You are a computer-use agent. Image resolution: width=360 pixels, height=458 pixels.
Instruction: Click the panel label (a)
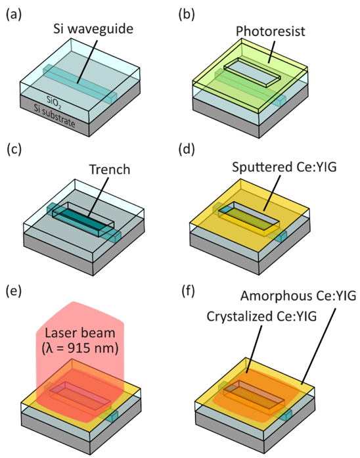click(13, 14)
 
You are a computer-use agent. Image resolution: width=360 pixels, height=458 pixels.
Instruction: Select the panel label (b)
click(187, 14)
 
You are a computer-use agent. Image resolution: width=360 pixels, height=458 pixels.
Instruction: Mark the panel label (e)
click(13, 291)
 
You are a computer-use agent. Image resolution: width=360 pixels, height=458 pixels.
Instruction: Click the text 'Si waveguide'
click(93, 29)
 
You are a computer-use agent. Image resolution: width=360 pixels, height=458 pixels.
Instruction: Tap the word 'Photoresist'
click(271, 32)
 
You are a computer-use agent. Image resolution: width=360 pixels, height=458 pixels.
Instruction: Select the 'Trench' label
click(110, 170)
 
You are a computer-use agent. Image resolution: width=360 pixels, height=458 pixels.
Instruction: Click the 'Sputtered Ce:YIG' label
click(284, 167)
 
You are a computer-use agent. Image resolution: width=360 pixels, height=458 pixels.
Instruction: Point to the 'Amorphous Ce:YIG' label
click(298, 296)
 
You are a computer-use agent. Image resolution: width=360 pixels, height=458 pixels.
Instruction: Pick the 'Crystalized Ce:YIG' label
click(261, 316)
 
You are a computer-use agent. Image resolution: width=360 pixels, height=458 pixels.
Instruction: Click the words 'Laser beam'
click(80, 333)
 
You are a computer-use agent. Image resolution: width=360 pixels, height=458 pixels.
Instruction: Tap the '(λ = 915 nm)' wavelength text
click(80, 348)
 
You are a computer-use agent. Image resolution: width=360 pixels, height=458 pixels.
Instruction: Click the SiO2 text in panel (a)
click(55, 103)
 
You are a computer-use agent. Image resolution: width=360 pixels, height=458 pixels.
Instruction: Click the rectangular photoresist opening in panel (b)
click(252, 72)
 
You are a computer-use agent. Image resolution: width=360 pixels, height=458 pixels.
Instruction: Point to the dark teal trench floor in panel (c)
click(83, 221)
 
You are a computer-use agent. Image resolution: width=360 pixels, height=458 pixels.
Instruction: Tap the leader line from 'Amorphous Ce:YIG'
click(319, 346)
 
